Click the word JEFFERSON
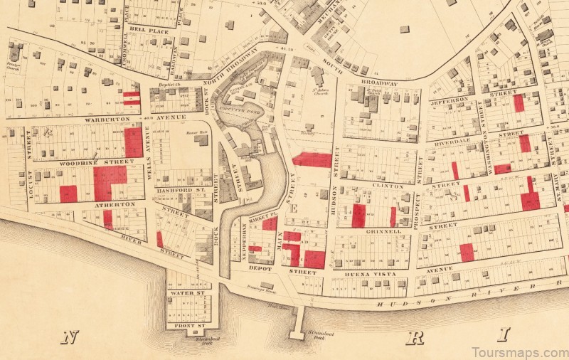[450, 100]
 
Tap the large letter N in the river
[69, 337]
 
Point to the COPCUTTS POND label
[246, 109]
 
